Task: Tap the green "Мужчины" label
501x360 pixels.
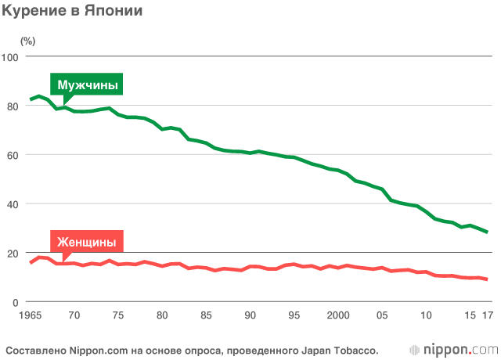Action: click(88, 85)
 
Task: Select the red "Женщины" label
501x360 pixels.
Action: click(88, 243)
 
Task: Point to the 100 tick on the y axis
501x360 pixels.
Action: click(12, 57)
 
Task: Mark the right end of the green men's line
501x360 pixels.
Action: click(487, 232)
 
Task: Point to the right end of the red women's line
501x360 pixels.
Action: click(487, 279)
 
